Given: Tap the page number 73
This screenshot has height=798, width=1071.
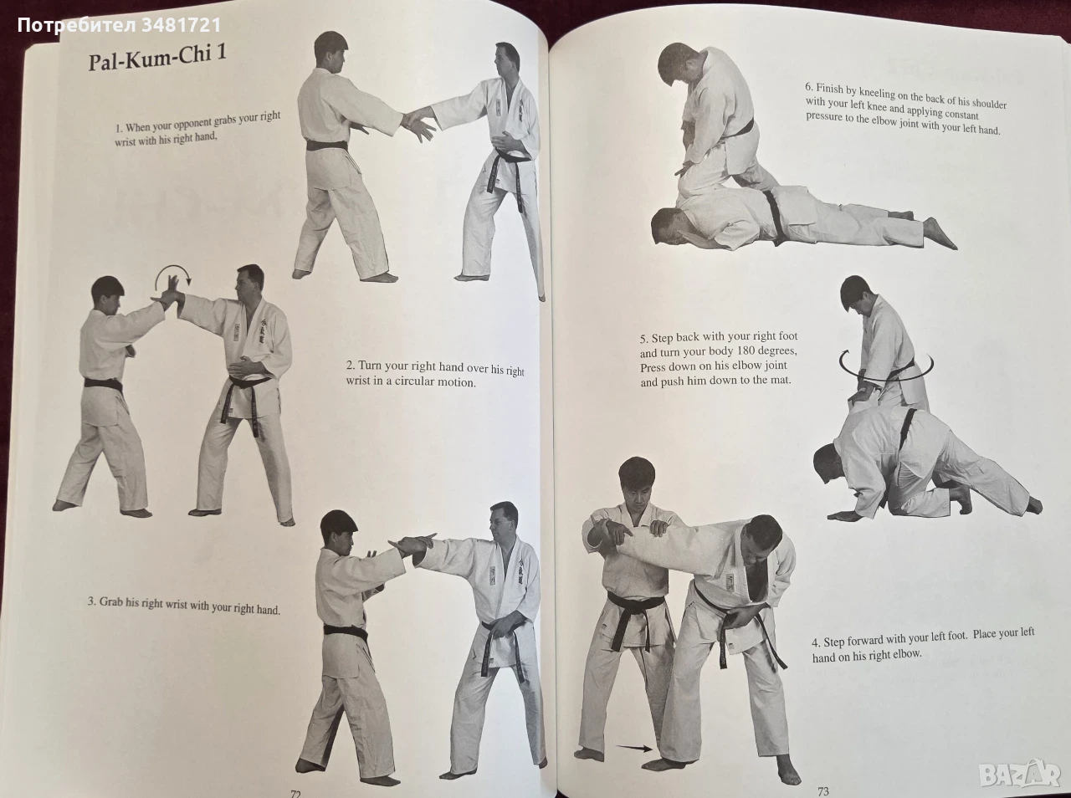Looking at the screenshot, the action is (822, 791).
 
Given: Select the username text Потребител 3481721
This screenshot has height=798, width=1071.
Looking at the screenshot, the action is (119, 25).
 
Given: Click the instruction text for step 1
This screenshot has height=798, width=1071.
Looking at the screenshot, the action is (197, 129).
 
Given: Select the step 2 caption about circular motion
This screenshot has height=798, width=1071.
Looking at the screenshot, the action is (435, 374).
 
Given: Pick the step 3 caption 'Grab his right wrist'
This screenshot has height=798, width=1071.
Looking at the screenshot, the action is (183, 606).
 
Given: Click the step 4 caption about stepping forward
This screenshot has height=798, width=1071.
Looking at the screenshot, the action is (923, 645).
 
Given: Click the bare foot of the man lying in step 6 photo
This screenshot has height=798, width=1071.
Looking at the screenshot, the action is (940, 235).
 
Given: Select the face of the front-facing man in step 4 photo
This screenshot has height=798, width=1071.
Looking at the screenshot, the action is (635, 489).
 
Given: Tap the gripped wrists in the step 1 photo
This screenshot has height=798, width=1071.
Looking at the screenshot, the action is (409, 120).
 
